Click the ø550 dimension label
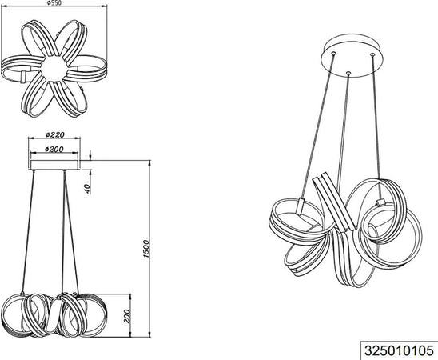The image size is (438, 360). click(54, 2)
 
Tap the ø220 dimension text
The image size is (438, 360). click(55, 134)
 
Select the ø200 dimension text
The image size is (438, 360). click(54, 150)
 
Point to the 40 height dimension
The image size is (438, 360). click(87, 189)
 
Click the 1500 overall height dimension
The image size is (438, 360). click(146, 249)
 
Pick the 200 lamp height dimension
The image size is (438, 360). click(127, 316)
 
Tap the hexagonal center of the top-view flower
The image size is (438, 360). click(54, 68)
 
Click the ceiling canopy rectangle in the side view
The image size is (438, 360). click(54, 165)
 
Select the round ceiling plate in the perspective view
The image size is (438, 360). click(352, 56)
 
